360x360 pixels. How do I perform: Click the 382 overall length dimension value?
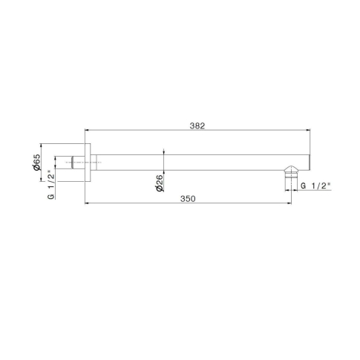(197, 126)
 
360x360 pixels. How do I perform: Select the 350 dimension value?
(188, 199)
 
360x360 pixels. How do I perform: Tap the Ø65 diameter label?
(36, 162)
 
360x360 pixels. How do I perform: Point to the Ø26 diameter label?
(160, 183)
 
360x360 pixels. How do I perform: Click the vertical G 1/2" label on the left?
(50, 184)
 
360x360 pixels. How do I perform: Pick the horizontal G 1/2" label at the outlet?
(315, 186)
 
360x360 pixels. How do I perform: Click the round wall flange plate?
(88, 163)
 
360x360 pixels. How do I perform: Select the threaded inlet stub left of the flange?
(78, 163)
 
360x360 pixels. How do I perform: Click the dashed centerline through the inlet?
(84, 163)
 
